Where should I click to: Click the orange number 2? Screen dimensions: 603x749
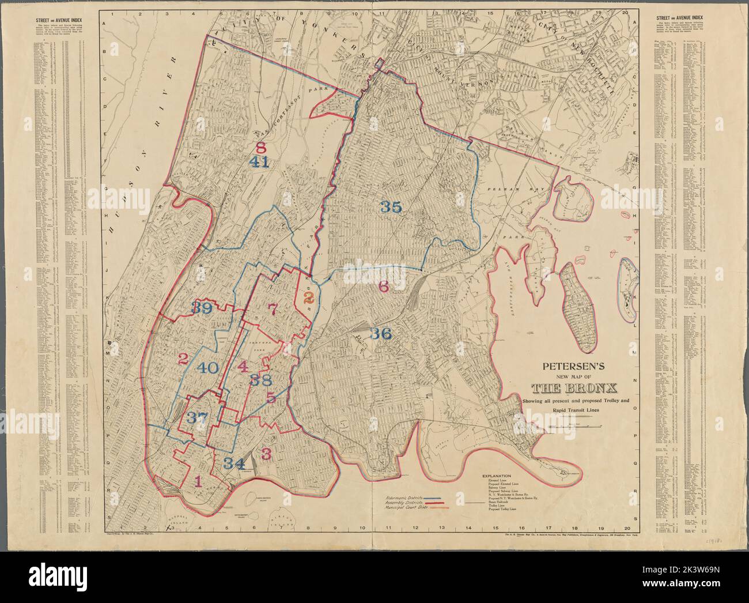tap(308, 297)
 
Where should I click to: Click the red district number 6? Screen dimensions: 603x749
tap(384, 286)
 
